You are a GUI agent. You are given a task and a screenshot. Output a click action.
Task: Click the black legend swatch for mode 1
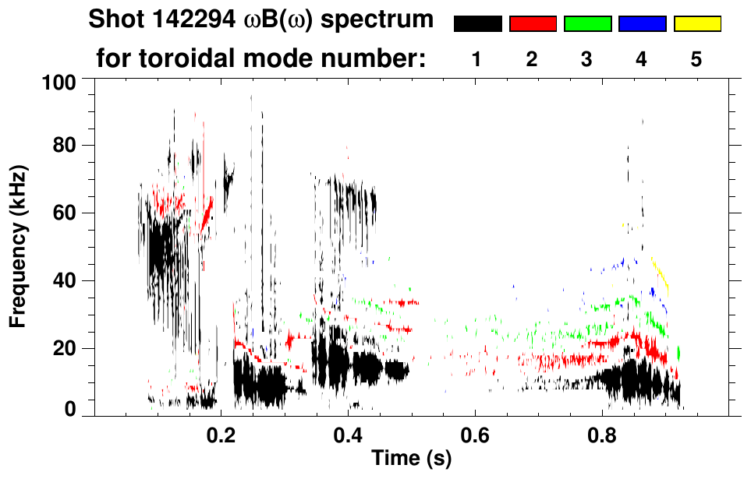click(477, 24)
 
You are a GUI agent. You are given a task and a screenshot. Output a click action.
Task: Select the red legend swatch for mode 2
click(533, 24)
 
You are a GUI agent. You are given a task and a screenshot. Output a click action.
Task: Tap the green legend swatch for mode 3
click(587, 24)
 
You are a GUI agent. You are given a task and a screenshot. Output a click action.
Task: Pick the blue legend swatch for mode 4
click(642, 24)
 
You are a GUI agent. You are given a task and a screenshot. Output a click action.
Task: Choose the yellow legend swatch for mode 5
click(696, 24)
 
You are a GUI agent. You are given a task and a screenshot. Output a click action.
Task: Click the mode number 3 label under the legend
click(586, 59)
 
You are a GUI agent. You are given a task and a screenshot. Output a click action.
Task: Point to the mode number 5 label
click(696, 59)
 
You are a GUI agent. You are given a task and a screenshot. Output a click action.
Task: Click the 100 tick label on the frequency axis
click(58, 82)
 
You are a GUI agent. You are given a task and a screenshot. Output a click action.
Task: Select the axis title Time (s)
click(410, 459)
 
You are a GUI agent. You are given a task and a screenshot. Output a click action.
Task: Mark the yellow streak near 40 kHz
click(661, 276)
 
